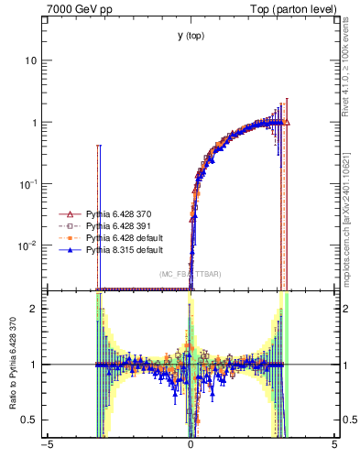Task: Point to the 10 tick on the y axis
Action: (32, 60)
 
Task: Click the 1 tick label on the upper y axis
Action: (35, 123)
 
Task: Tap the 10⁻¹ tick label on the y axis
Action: (29, 183)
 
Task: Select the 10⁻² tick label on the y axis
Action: (29, 245)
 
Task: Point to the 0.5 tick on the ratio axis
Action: (31, 420)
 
